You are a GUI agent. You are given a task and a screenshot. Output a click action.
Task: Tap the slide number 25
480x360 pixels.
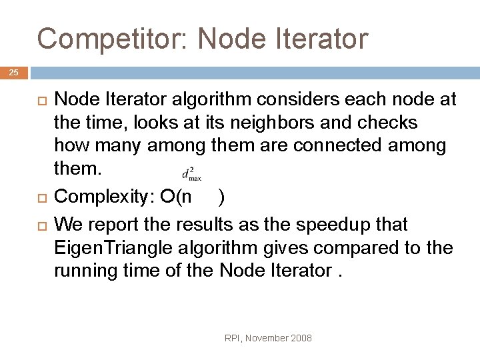tap(14, 73)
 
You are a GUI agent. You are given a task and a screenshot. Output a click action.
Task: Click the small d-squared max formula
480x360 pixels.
tap(191, 174)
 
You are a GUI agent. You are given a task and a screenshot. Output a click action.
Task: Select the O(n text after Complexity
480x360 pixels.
tap(177, 197)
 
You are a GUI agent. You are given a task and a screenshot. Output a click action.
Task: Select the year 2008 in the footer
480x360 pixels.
tap(301, 339)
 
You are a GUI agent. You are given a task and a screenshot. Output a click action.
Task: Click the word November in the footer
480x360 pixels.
tap(267, 339)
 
